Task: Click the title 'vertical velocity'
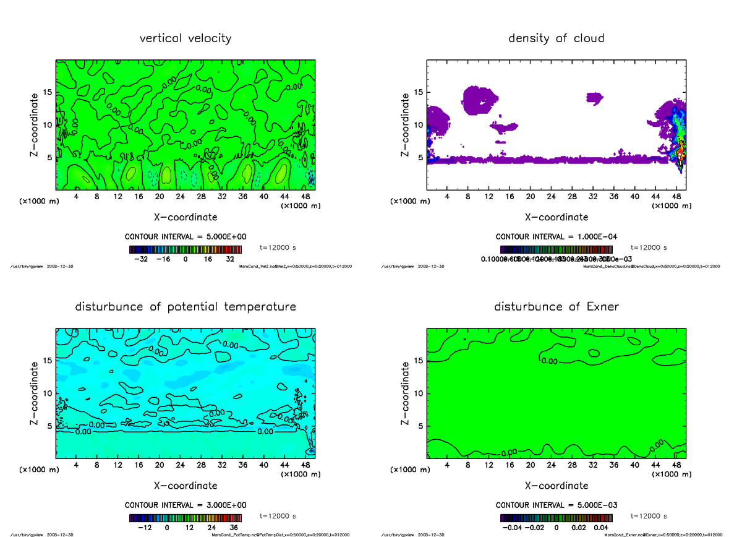coord(185,38)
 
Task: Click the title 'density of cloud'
coord(556,38)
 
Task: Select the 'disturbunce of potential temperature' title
coord(185,307)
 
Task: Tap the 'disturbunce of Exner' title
coord(556,307)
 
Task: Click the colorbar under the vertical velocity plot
coord(185,249)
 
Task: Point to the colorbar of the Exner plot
coord(556,518)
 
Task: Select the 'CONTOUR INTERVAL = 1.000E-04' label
coord(556,237)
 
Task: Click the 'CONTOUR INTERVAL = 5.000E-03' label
coord(556,505)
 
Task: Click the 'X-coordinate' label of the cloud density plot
coord(556,217)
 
